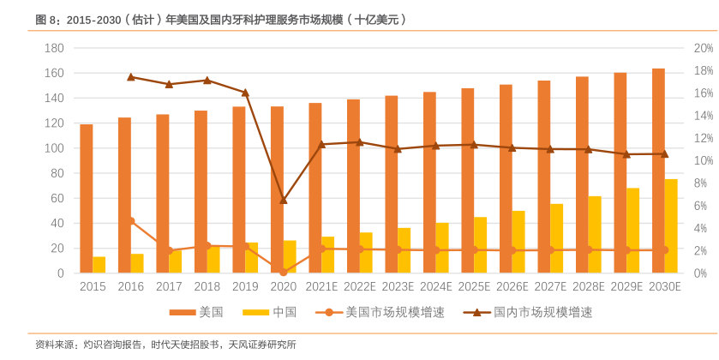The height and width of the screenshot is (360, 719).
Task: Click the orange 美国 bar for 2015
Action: point(87,199)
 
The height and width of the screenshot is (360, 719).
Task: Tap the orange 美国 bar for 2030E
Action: point(658,171)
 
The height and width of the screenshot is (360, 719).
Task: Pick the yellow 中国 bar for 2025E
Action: point(480,245)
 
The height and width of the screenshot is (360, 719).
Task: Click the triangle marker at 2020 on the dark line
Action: point(284,200)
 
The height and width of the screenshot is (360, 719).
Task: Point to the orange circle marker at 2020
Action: point(284,273)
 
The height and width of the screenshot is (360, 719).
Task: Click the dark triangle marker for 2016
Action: point(131,77)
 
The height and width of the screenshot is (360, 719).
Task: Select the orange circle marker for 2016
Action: point(131,221)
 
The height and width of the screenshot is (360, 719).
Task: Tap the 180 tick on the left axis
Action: point(54,48)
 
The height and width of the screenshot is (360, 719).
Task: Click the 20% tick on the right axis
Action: point(704,48)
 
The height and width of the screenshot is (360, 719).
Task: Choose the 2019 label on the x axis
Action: point(245,286)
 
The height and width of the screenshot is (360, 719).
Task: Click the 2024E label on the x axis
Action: point(435,286)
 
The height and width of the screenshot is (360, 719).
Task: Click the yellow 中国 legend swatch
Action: point(255,312)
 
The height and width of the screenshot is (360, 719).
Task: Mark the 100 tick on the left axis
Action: point(54,148)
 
